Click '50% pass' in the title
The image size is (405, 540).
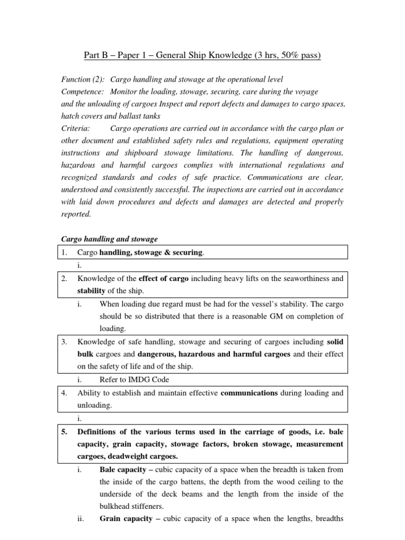[297, 55]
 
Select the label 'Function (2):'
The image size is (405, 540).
[82, 79]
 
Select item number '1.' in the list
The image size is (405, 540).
[64, 253]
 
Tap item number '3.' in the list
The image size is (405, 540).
[64, 342]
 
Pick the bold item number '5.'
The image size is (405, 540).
[65, 431]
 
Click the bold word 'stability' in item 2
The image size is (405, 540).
[92, 291]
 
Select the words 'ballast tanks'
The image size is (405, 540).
[151, 116]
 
